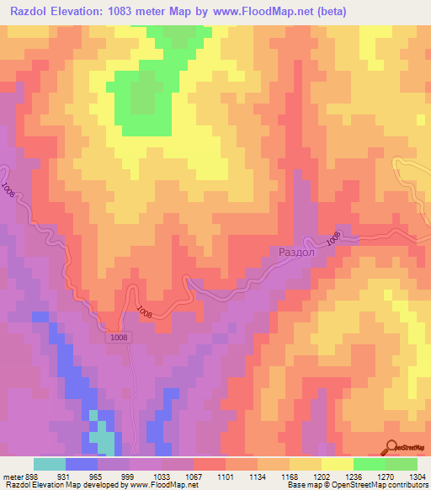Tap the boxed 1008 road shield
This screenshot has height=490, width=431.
point(119,338)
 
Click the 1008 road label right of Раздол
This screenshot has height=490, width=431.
point(334,239)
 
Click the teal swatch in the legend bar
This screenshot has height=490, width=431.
point(50,464)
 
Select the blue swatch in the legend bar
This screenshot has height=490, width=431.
point(82,464)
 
